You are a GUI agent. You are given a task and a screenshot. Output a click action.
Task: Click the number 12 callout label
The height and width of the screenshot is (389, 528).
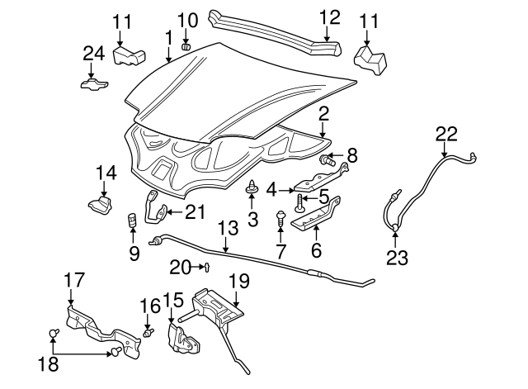[328, 17]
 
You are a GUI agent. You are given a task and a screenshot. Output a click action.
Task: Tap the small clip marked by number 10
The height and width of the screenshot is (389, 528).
[186, 45]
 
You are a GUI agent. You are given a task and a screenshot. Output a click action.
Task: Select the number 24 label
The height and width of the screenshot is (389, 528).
[94, 54]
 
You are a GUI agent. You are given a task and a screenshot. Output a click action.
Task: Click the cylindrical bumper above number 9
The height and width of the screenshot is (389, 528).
[130, 222]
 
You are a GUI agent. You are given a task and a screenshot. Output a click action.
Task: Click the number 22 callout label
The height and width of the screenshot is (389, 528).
[445, 132]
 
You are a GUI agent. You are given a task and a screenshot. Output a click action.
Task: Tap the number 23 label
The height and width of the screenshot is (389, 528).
[397, 257]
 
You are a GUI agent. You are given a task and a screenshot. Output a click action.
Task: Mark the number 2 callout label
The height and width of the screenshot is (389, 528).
[323, 114]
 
